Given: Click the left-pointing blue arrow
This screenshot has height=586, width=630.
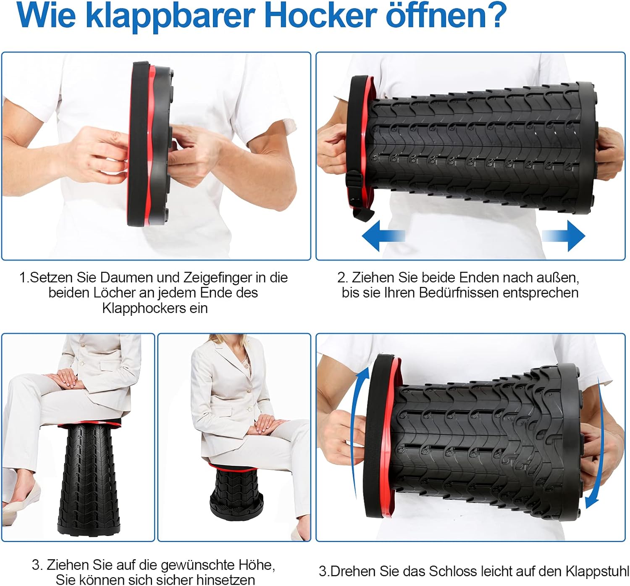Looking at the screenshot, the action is (x=383, y=236).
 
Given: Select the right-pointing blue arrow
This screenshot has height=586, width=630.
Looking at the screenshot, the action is (x=563, y=236).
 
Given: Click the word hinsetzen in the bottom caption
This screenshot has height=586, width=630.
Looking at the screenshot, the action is (x=226, y=580).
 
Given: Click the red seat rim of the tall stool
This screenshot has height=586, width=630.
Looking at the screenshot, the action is (x=90, y=424).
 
